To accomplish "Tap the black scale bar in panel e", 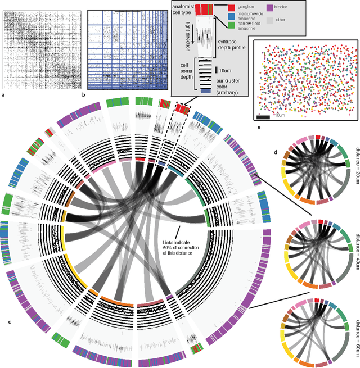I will coord(263,117).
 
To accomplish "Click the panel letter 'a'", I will coord(4,95).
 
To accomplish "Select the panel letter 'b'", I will coord(84,95).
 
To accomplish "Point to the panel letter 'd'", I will coord(276,152).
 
